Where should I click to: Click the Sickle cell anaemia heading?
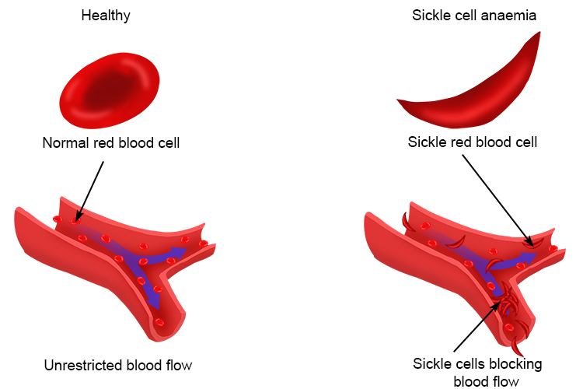(x=474, y=16)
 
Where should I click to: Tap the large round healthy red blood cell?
(x=110, y=91)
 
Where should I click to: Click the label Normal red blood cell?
(x=111, y=142)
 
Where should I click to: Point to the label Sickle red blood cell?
(x=473, y=142)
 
